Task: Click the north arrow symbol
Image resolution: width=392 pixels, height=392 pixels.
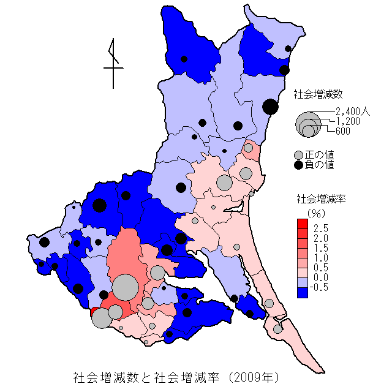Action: (113, 61)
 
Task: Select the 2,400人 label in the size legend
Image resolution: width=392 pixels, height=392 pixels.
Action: (353, 111)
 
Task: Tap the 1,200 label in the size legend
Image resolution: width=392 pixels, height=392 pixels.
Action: (347, 121)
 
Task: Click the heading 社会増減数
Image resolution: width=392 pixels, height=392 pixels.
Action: (318, 94)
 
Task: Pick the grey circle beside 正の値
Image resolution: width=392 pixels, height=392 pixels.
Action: (299, 154)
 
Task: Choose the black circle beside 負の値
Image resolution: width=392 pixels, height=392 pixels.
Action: (299, 165)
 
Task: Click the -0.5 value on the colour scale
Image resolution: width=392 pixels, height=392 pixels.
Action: (320, 288)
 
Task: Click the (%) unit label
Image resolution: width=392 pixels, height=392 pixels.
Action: (315, 213)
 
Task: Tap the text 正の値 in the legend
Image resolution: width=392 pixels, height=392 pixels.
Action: (320, 154)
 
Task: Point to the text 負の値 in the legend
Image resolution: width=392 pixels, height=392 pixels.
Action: (320, 165)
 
